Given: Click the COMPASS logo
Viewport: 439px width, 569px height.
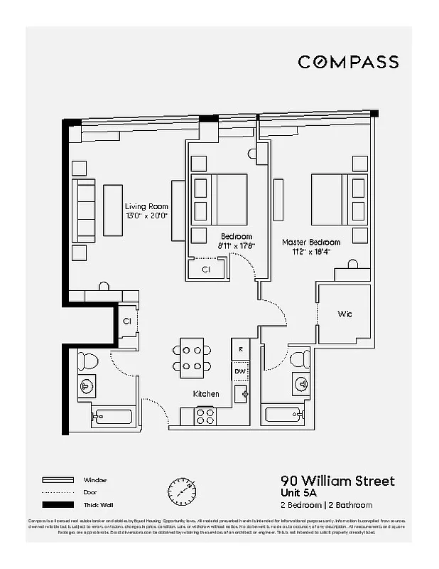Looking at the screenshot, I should (347, 62).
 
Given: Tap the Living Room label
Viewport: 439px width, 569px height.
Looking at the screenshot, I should (147, 207).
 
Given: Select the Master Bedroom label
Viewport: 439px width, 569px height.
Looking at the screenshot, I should (310, 242).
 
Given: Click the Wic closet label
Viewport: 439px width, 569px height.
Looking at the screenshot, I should (345, 314).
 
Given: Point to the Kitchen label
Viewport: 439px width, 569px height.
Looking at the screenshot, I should (206, 393).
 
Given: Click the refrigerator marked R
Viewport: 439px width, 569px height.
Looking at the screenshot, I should (242, 349).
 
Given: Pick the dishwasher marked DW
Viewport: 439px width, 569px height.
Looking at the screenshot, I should (241, 371).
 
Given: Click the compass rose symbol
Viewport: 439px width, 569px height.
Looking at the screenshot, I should (182, 490).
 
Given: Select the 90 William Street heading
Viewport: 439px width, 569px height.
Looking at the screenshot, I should (337, 482).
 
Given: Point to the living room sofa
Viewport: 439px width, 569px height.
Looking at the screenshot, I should (85, 211).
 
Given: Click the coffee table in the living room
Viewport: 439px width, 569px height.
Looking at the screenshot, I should (113, 211).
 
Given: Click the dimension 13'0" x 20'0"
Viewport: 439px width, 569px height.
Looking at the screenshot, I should (146, 216).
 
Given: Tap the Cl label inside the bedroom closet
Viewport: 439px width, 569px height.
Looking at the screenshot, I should (206, 270).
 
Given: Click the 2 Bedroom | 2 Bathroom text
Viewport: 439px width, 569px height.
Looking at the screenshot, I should (326, 505).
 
